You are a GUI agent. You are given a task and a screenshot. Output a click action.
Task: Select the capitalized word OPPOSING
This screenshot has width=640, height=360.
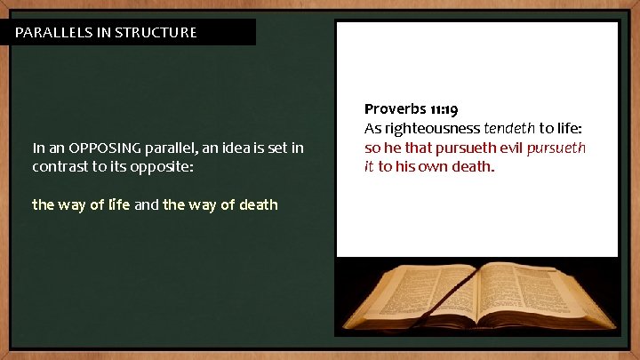[x=106, y=148]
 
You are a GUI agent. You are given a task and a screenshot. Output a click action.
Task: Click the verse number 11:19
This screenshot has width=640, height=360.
[x=444, y=110]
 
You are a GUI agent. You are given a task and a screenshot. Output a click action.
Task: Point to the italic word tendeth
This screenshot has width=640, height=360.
[x=509, y=128]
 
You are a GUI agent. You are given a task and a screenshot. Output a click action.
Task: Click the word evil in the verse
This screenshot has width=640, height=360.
[x=507, y=148]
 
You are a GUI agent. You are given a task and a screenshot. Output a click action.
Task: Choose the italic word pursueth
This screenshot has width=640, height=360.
[x=556, y=148]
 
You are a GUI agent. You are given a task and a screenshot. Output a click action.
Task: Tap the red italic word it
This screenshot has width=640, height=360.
[x=369, y=166]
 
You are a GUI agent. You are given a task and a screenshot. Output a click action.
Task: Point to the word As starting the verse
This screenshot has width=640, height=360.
[x=372, y=128]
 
